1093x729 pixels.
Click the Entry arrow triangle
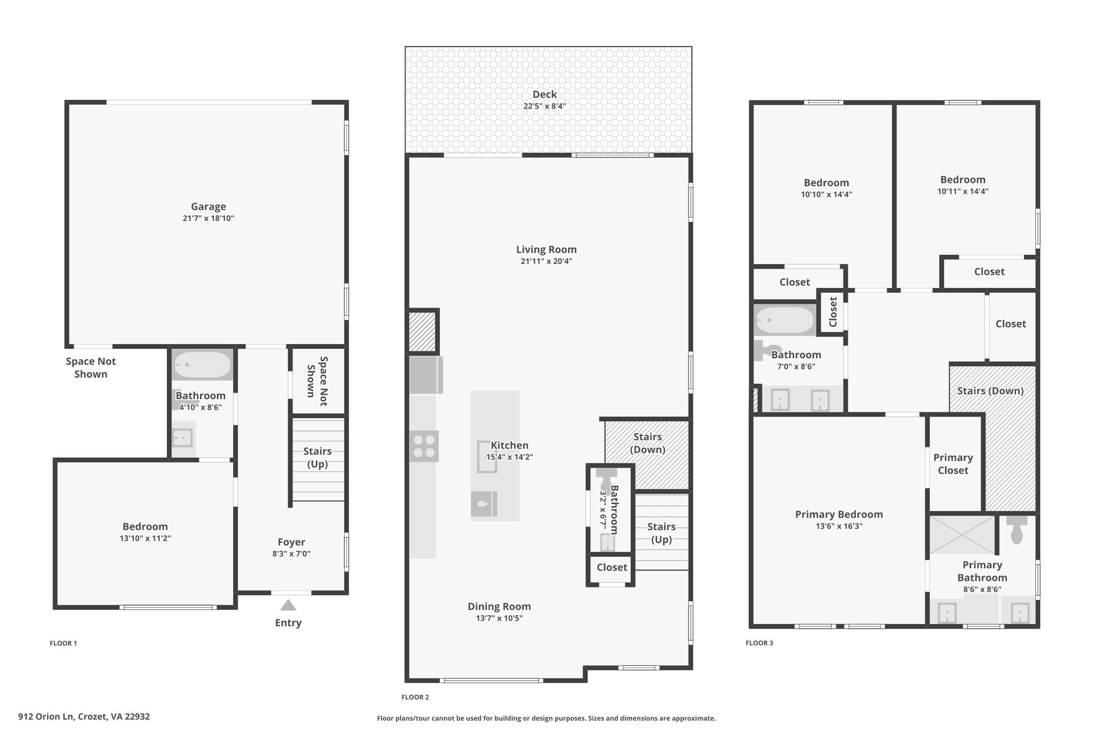pos(288,605)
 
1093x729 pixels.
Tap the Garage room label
pos(209,207)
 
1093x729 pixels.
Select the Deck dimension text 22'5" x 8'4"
pos(544,106)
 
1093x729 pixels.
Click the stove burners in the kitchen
pos(424,446)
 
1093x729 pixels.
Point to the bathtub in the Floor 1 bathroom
pos(202,365)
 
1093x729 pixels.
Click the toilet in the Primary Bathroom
pos(1017,529)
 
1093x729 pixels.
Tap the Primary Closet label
pos(953,464)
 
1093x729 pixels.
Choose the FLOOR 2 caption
pos(415,697)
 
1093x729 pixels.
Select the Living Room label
pos(546,249)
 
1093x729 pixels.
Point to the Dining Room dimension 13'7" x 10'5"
pos(500,618)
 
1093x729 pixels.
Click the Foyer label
pos(291,542)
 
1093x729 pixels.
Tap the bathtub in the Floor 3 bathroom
pos(785,320)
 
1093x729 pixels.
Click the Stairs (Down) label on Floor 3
pos(991,391)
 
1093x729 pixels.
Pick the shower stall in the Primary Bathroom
pos(962,535)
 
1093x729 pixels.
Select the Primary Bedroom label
pos(839,514)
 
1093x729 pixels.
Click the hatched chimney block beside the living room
pos(423,332)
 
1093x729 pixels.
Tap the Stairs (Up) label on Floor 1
pos(318,458)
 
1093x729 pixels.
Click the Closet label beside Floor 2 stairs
pos(612,568)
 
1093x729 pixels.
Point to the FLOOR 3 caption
pos(759,643)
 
